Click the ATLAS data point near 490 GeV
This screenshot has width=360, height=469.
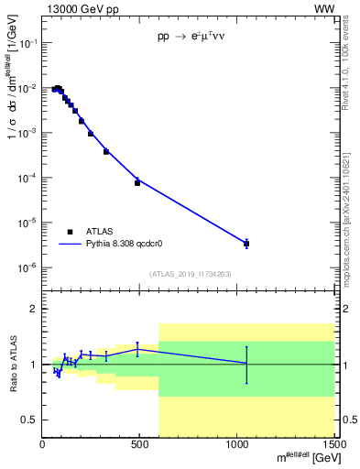point(137,182)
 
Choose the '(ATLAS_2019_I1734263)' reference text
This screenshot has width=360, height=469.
point(189,273)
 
